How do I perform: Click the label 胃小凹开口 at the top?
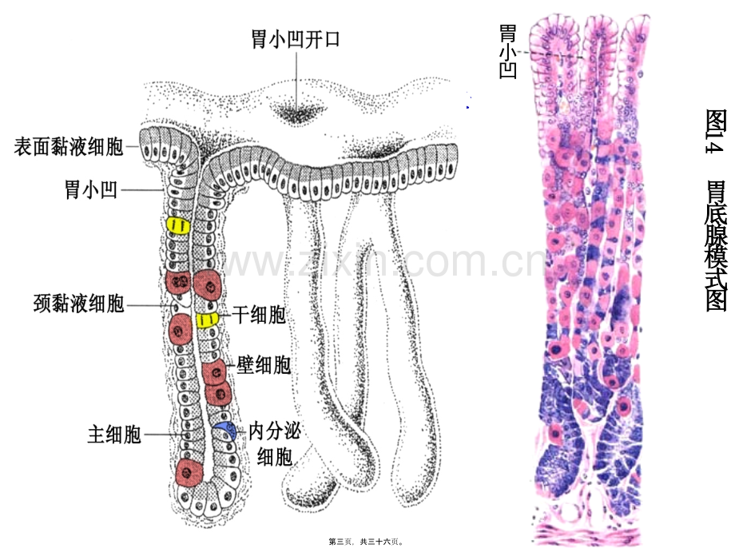(x=295, y=39)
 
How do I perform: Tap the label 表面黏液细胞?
(x=69, y=147)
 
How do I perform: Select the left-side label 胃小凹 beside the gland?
(x=91, y=190)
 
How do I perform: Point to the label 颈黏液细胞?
(x=79, y=304)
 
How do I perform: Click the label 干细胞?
(x=259, y=315)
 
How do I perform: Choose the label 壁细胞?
(x=264, y=365)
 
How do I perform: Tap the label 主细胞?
(x=114, y=435)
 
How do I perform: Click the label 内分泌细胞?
(x=274, y=443)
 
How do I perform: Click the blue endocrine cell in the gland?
(x=225, y=430)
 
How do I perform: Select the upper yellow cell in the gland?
(x=179, y=226)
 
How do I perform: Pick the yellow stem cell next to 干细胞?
(x=207, y=320)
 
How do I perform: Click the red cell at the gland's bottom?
(x=189, y=472)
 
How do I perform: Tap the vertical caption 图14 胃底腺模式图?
(x=716, y=210)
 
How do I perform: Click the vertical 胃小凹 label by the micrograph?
(x=508, y=52)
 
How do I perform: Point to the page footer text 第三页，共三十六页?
(x=366, y=542)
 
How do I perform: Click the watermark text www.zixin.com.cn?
(x=382, y=262)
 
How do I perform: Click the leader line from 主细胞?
(x=164, y=435)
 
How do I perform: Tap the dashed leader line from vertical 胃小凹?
(x=551, y=55)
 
